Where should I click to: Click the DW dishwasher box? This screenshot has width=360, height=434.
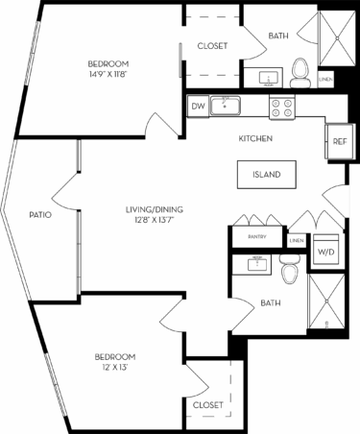tap(198, 107)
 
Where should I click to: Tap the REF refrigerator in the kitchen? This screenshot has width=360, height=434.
tap(339, 139)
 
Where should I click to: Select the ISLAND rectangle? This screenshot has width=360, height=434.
tap(266, 175)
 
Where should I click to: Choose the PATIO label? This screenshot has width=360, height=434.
tap(39, 214)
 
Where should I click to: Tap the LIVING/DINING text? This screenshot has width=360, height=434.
tap(154, 208)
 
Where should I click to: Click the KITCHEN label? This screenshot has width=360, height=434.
tap(255, 139)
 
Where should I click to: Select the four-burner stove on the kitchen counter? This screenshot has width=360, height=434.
tap(282, 107)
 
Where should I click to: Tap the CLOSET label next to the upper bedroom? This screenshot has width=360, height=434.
tap(211, 45)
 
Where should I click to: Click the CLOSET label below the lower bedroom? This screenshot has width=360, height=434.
tap(208, 406)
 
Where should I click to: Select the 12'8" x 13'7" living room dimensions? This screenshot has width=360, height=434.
tap(154, 220)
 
